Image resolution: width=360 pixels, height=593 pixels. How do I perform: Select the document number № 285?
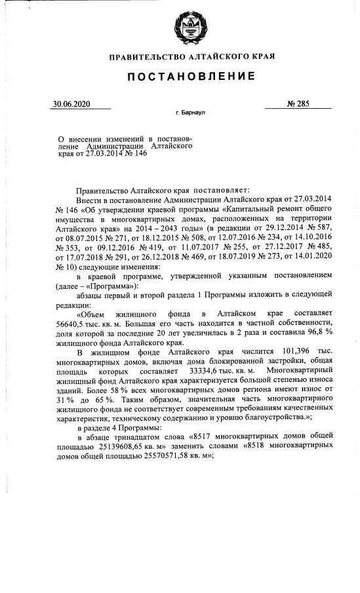pyautogui.click(x=299, y=104)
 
